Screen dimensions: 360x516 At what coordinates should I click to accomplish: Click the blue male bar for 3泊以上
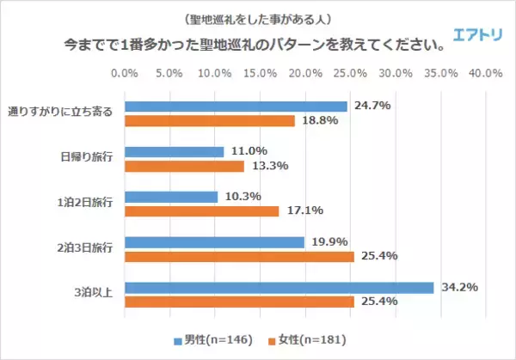pyautogui.click(x=279, y=288)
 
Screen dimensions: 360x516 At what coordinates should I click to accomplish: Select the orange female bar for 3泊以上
pyautogui.click(x=240, y=302)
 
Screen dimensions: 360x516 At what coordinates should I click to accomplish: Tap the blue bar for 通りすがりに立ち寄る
pyautogui.click(x=236, y=107)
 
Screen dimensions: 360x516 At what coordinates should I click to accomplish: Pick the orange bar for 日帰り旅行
pyautogui.click(x=185, y=166)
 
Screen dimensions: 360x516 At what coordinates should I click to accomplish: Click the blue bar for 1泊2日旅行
pyautogui.click(x=172, y=197)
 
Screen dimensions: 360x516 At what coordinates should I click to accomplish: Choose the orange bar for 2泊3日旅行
pyautogui.click(x=240, y=256)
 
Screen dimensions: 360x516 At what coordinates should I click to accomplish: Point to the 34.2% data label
pyautogui.click(x=457, y=287)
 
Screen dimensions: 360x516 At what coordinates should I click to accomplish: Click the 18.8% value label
pyautogui.click(x=318, y=121)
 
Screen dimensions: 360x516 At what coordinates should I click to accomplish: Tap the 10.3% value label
pyautogui.click(x=242, y=196)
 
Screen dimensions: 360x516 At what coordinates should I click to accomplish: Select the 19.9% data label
pyautogui.click(x=328, y=241)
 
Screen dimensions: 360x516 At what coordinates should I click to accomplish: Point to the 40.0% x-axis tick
pyautogui.click(x=486, y=74)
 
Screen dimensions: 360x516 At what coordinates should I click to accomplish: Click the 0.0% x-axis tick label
pyautogui.click(x=126, y=74)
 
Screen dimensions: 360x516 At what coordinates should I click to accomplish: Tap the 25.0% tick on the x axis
pyautogui.click(x=351, y=74)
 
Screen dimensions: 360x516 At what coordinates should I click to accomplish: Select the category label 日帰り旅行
pyautogui.click(x=83, y=157)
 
